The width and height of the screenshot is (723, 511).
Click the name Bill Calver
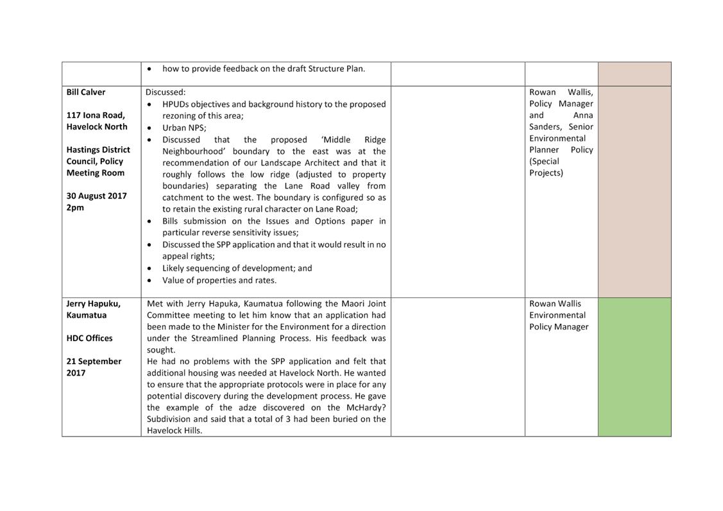coord(86,92)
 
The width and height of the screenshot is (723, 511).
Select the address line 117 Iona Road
coord(96,115)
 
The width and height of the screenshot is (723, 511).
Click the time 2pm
coord(75,208)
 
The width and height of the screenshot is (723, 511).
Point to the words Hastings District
coord(98,150)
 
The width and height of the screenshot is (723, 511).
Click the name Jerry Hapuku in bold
coord(93,304)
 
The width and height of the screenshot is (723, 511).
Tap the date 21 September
coord(94,362)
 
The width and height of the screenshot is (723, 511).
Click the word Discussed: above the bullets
coord(166,92)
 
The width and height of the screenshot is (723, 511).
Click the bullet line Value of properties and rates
coord(219,280)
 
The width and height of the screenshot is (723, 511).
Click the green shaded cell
coord(634,367)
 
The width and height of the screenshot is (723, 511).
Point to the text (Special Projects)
coord(545,167)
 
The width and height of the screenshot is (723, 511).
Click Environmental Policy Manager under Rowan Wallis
coord(558,321)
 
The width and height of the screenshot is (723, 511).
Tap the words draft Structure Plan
coord(328,69)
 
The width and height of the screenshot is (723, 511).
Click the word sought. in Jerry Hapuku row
coord(160,350)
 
